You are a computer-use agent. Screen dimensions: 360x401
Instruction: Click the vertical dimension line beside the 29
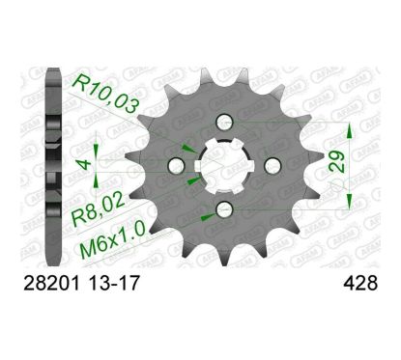tap(349, 166)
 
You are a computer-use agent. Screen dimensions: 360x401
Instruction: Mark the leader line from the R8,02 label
tap(164, 188)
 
